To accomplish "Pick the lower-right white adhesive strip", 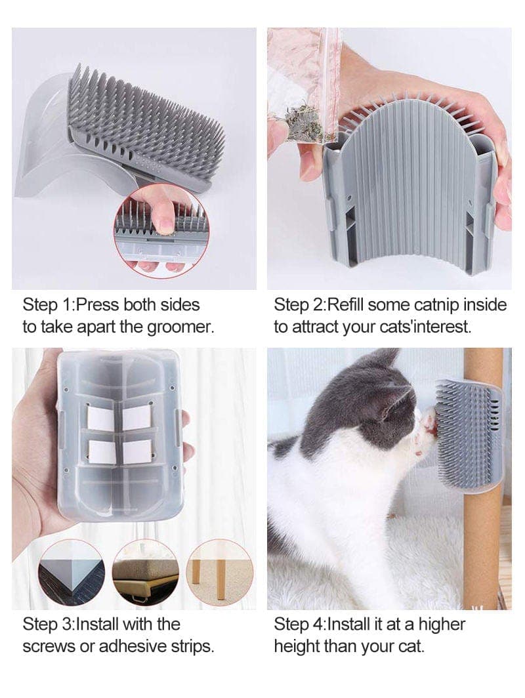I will click(137, 451).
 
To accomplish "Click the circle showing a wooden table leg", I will click(219, 571).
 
